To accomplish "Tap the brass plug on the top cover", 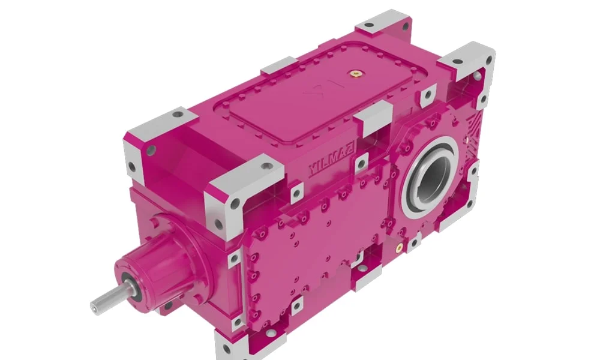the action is coord(356,73).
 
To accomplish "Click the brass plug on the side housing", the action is coord(399,248).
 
